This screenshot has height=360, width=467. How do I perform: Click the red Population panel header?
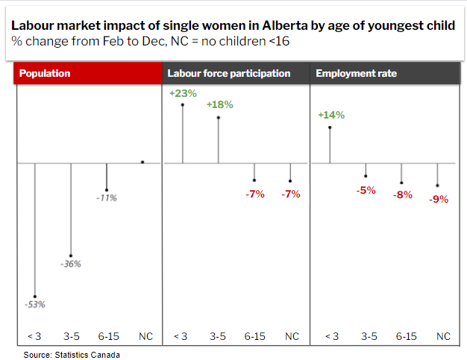click(89, 74)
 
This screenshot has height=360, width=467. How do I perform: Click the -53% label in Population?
click(34, 304)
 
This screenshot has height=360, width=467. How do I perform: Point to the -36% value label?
click(70, 264)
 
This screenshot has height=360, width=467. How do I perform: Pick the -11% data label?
click(107, 198)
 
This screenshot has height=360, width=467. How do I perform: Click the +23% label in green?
click(183, 94)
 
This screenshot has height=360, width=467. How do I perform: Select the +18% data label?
click(219, 105)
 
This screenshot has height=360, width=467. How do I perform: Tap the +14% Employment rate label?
click(330, 116)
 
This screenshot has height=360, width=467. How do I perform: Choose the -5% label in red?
click(366, 190)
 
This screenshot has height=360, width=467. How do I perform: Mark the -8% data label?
click(402, 195)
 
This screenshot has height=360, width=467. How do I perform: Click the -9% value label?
click(438, 199)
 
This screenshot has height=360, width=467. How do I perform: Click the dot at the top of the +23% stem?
click(183, 105)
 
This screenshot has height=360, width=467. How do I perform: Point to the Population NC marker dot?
click(142, 162)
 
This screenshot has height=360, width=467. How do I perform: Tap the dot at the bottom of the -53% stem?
click(34, 296)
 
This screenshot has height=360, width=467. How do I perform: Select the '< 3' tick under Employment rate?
click(330, 337)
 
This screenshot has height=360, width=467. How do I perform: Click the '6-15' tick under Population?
click(107, 337)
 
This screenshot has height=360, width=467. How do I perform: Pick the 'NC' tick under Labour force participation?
click(292, 337)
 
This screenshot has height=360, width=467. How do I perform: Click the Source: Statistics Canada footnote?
click(71, 354)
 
